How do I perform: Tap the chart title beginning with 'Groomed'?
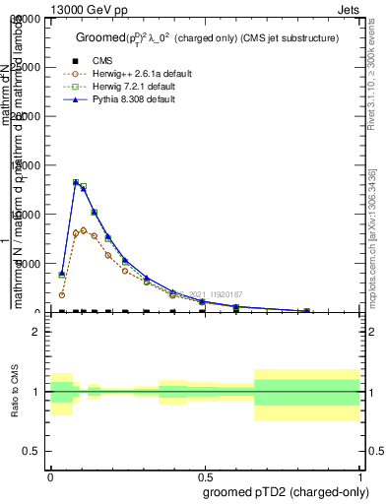(207, 38)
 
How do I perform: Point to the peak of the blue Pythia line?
(76, 181)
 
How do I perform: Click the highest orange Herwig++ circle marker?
(84, 230)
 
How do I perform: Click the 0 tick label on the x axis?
(50, 477)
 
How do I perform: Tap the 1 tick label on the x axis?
(359, 477)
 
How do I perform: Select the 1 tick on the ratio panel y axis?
(36, 392)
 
